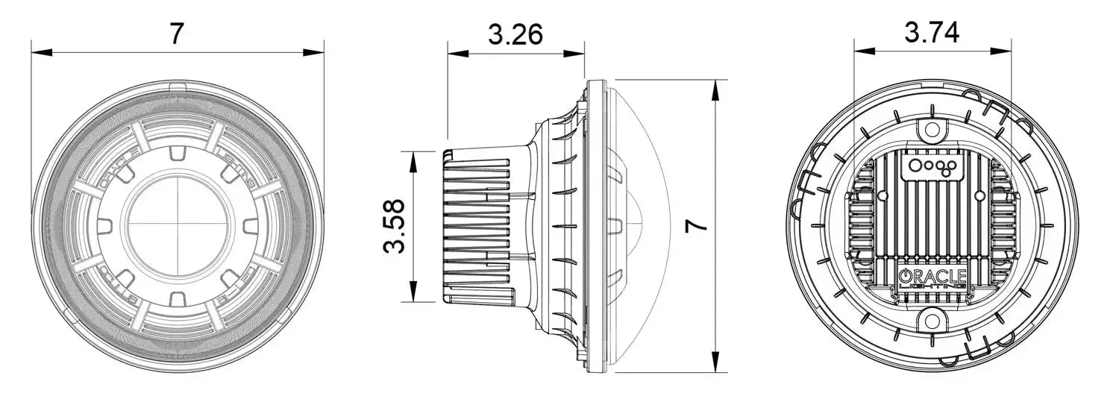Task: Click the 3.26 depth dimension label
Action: click(x=515, y=34)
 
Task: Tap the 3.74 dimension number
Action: click(x=932, y=33)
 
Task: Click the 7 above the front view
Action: click(x=176, y=34)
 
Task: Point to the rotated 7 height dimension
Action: click(x=697, y=226)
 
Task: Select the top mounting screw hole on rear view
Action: click(x=932, y=130)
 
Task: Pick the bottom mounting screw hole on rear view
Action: click(x=932, y=321)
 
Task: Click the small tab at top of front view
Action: click(x=177, y=88)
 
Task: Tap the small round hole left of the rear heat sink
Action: click(x=883, y=195)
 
